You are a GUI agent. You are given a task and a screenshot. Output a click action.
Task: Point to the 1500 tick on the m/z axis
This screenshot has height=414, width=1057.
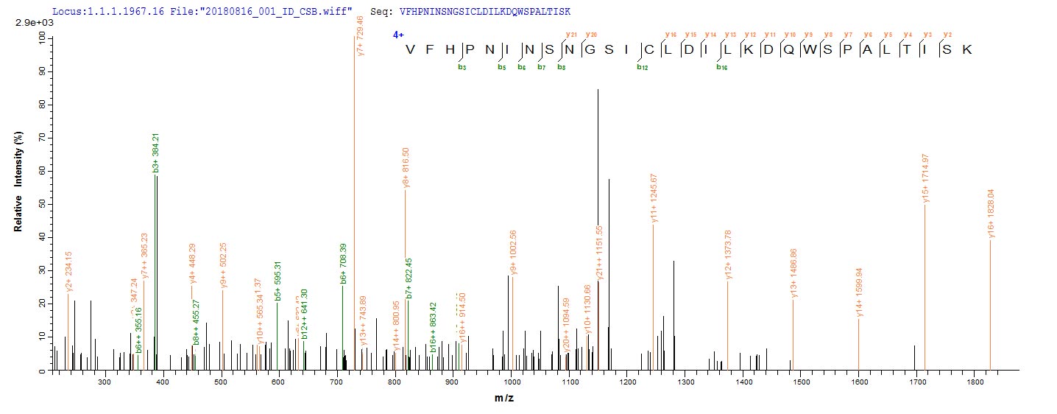[x=801, y=383]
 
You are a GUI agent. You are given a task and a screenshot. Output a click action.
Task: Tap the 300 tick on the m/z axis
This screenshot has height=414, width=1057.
[x=105, y=383]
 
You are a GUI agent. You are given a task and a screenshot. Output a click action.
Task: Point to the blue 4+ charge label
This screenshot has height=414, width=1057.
[x=398, y=35]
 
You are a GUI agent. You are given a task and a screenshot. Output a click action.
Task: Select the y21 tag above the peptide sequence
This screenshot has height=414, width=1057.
[x=570, y=35]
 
